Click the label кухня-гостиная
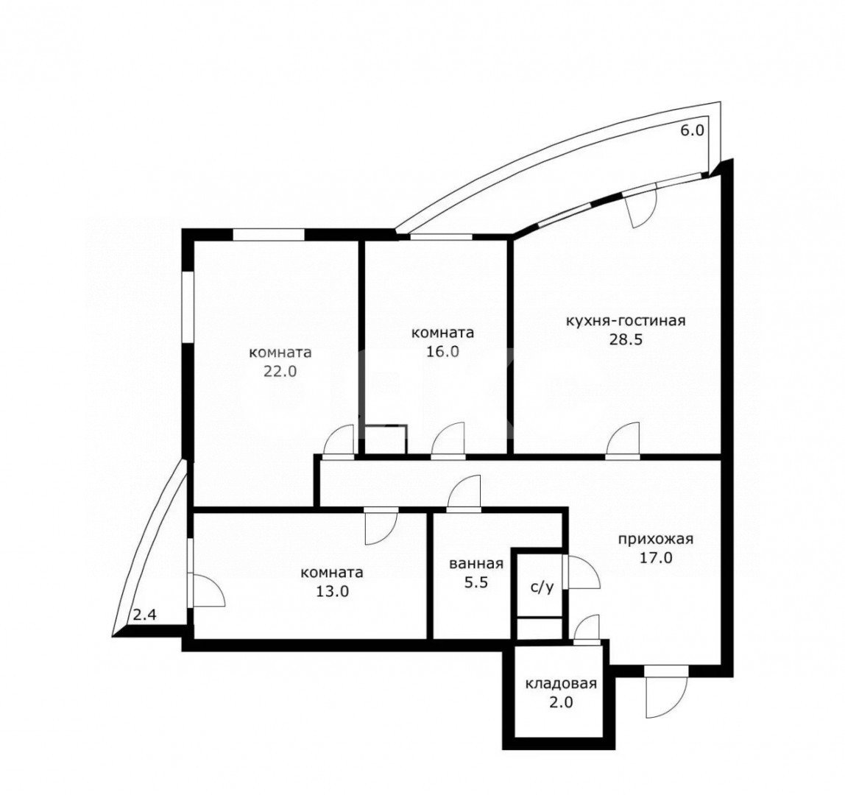pos(626,321)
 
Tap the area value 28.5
pos(626,340)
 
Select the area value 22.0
pos(280,371)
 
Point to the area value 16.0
pos(442,351)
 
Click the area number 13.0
pos(332,591)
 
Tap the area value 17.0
pos(656,558)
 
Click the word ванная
pos(475,564)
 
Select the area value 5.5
pos(475,583)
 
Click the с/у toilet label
pos(542,587)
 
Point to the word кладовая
pos(561,684)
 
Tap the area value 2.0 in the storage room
pos(561,703)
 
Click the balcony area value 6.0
pos(693,130)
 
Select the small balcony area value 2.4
pos(144,615)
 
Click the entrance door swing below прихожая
pos(667,693)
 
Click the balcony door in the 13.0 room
pos(205,590)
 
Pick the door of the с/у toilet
pos(581,572)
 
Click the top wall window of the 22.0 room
pos(269,235)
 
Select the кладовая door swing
pos(587,629)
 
